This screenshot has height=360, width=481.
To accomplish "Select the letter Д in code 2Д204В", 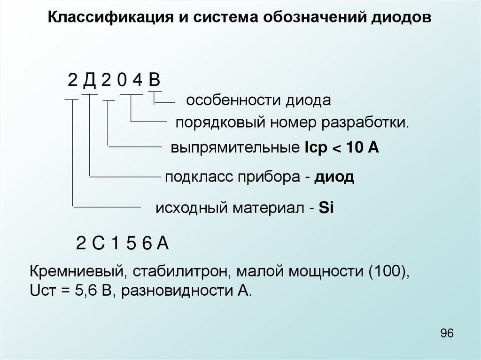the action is coord(89,80).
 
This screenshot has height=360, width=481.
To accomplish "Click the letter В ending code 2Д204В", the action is coord(155,80).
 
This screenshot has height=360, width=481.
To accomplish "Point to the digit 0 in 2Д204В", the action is coord(122,81).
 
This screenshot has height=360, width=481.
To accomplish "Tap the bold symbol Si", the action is coord(326,208).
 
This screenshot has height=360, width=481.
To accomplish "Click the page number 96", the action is coord(447,334).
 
